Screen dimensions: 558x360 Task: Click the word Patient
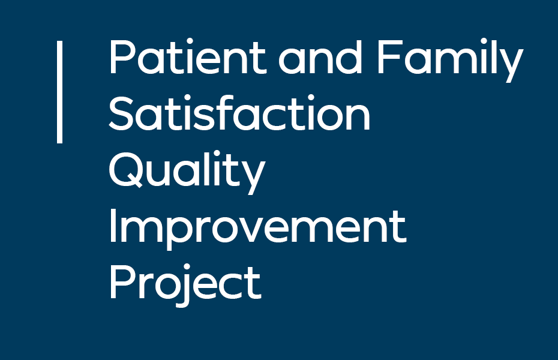pyautogui.click(x=188, y=56)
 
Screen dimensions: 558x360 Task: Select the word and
pyautogui.click(x=320, y=56)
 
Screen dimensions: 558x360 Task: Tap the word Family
pyautogui.click(x=450, y=60)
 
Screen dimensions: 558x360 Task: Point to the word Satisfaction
pyautogui.click(x=239, y=113)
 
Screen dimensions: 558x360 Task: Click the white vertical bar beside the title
pyautogui.click(x=60, y=92)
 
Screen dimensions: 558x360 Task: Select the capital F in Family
pyautogui.click(x=389, y=56)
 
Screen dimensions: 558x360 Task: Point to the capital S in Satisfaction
pyautogui.click(x=121, y=113)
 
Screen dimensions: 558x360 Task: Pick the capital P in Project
pyautogui.click(x=122, y=282)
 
